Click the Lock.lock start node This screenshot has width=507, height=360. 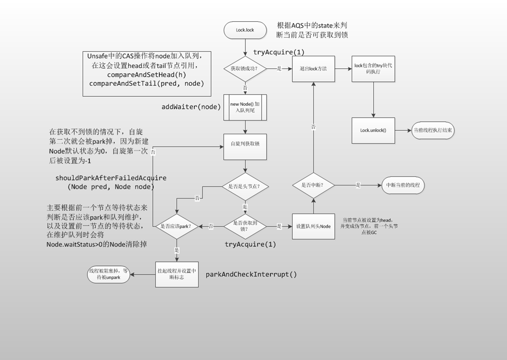click(x=245, y=30)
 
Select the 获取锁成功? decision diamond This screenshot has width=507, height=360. click(x=245, y=69)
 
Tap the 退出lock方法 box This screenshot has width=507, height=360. click(x=313, y=69)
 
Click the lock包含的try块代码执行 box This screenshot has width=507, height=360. click(x=373, y=69)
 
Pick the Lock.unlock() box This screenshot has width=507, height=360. click(x=373, y=130)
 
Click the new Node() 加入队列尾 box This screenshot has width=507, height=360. click(x=245, y=107)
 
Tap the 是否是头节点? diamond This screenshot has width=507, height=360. click(x=245, y=186)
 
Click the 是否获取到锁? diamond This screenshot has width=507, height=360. click(x=245, y=226)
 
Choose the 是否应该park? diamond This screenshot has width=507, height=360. click(x=177, y=226)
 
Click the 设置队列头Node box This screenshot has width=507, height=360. click(x=313, y=226)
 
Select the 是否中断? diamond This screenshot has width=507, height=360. click(x=313, y=185)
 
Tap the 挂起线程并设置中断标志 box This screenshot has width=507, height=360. click(x=177, y=275)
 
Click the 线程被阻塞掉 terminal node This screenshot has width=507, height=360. click(x=108, y=275)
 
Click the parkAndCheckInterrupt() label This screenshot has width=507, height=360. click(x=251, y=275)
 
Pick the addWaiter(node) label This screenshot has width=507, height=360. click(x=191, y=107)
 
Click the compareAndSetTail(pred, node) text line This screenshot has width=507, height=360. click(x=146, y=84)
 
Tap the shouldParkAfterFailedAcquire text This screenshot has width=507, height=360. click(x=111, y=178)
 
